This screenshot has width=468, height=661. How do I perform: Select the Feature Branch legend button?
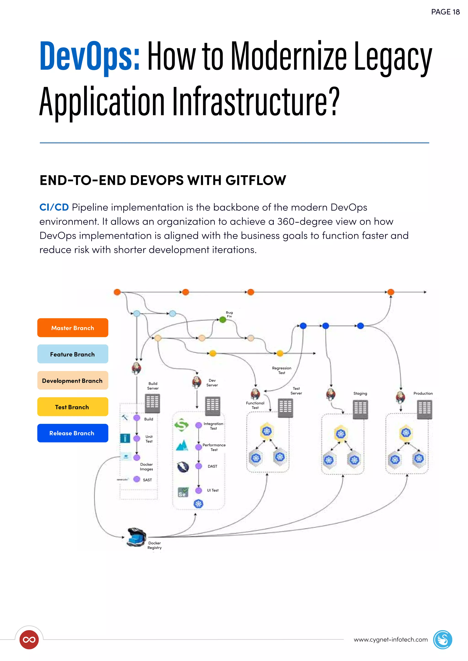[73, 354]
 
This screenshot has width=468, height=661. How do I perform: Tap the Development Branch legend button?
[73, 380]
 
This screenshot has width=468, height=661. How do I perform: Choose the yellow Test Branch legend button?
[73, 407]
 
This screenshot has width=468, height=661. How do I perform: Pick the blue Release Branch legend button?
[73, 433]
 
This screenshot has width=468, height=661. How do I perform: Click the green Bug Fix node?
[223, 320]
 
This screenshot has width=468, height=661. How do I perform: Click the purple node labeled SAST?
[137, 479]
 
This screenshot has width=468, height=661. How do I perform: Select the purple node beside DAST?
[199, 466]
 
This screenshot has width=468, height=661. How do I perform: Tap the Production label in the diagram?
[423, 393]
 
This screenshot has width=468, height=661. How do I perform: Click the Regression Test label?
[282, 370]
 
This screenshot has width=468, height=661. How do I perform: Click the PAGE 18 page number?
[445, 12]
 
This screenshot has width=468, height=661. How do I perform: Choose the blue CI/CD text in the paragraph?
[54, 207]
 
